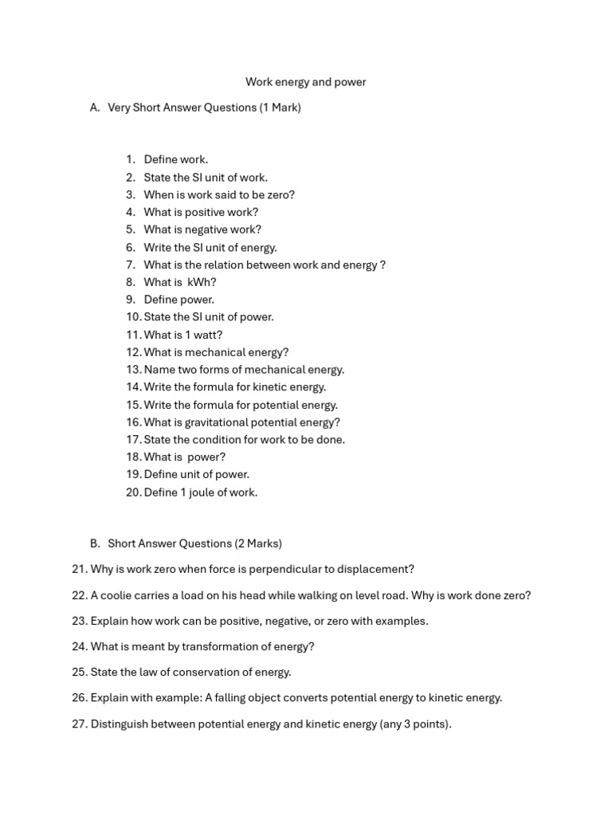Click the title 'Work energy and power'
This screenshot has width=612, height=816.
[305, 82]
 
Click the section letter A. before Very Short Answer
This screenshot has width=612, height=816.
[95, 108]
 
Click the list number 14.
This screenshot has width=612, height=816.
[132, 387]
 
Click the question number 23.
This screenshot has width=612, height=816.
[79, 621]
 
